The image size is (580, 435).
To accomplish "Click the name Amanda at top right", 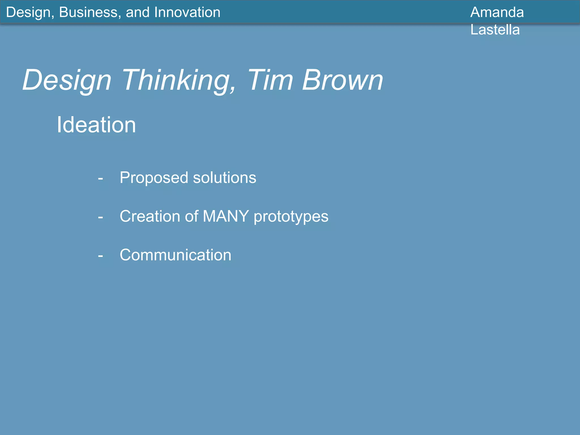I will [x=497, y=12].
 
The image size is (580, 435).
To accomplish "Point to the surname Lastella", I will [x=495, y=30].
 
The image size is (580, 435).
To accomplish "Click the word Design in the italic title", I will [x=67, y=81].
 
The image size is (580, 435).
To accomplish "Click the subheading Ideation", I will [x=96, y=125].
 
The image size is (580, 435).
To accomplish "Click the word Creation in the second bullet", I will [x=150, y=216].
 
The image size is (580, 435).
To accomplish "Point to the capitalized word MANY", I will [x=226, y=216].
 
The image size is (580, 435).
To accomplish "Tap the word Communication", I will [x=175, y=255].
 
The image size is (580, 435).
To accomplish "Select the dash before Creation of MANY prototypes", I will [x=100, y=217].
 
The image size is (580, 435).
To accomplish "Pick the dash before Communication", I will [x=100, y=256].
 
